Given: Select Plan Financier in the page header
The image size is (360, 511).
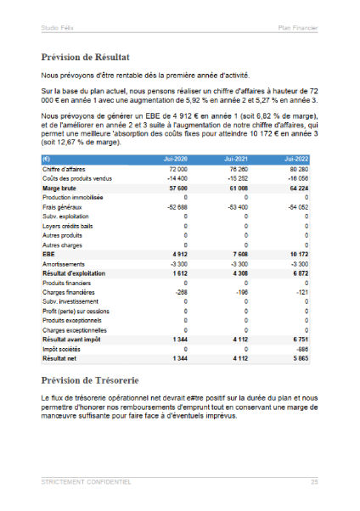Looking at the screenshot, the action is [x=298, y=28].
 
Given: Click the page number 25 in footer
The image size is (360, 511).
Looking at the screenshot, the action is [x=314, y=481].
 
